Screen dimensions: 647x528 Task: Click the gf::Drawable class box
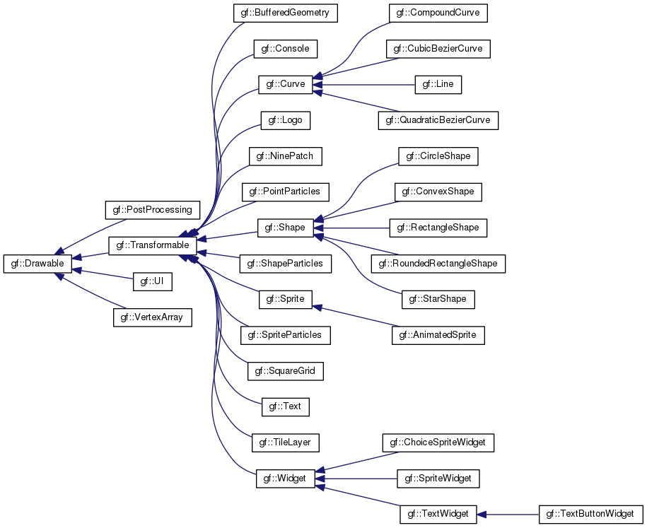point(37,264)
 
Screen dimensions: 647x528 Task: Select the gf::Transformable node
point(152,245)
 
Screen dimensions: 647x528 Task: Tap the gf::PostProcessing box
point(152,210)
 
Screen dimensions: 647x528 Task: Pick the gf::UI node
point(152,282)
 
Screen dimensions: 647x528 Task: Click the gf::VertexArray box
point(152,317)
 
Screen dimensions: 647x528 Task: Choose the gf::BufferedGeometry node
point(285,13)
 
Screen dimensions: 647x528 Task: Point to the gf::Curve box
point(286,85)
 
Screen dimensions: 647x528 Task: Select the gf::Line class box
point(438,85)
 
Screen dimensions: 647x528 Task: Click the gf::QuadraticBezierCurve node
point(438,120)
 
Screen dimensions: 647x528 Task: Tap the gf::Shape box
point(286,228)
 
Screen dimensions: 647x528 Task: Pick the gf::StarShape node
point(438,299)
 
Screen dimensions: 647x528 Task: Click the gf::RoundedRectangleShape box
point(438,264)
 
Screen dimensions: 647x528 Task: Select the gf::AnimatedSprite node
point(438,335)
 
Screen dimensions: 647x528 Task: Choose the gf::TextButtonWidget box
point(591,515)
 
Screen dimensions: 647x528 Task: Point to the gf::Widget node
point(286,479)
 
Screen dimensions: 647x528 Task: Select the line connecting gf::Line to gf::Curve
point(364,85)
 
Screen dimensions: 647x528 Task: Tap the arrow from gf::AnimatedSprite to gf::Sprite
point(356,316)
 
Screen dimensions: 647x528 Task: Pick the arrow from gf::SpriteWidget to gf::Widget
point(356,479)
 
